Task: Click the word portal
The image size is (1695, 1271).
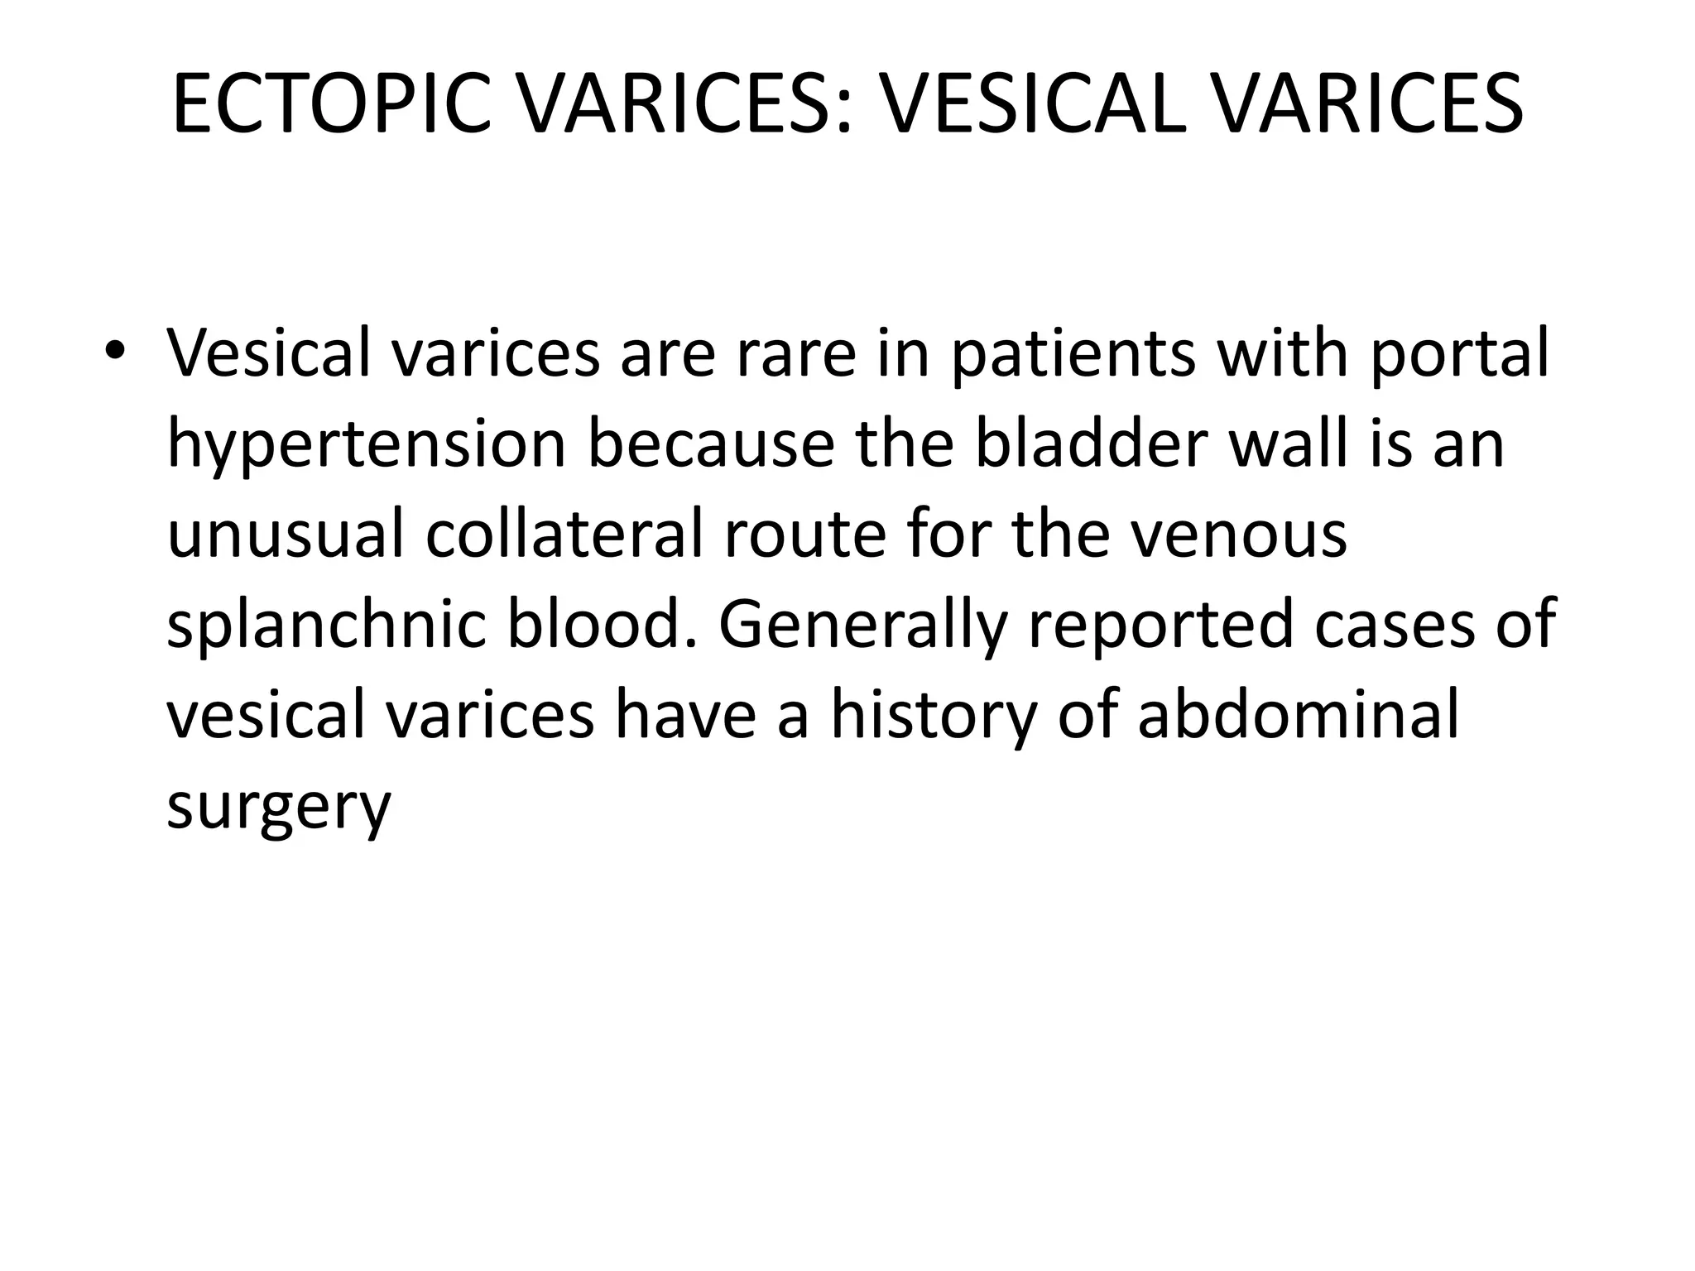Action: coord(1459,354)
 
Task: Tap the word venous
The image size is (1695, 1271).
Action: coord(1238,535)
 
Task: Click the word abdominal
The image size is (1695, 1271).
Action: coord(1298,715)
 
